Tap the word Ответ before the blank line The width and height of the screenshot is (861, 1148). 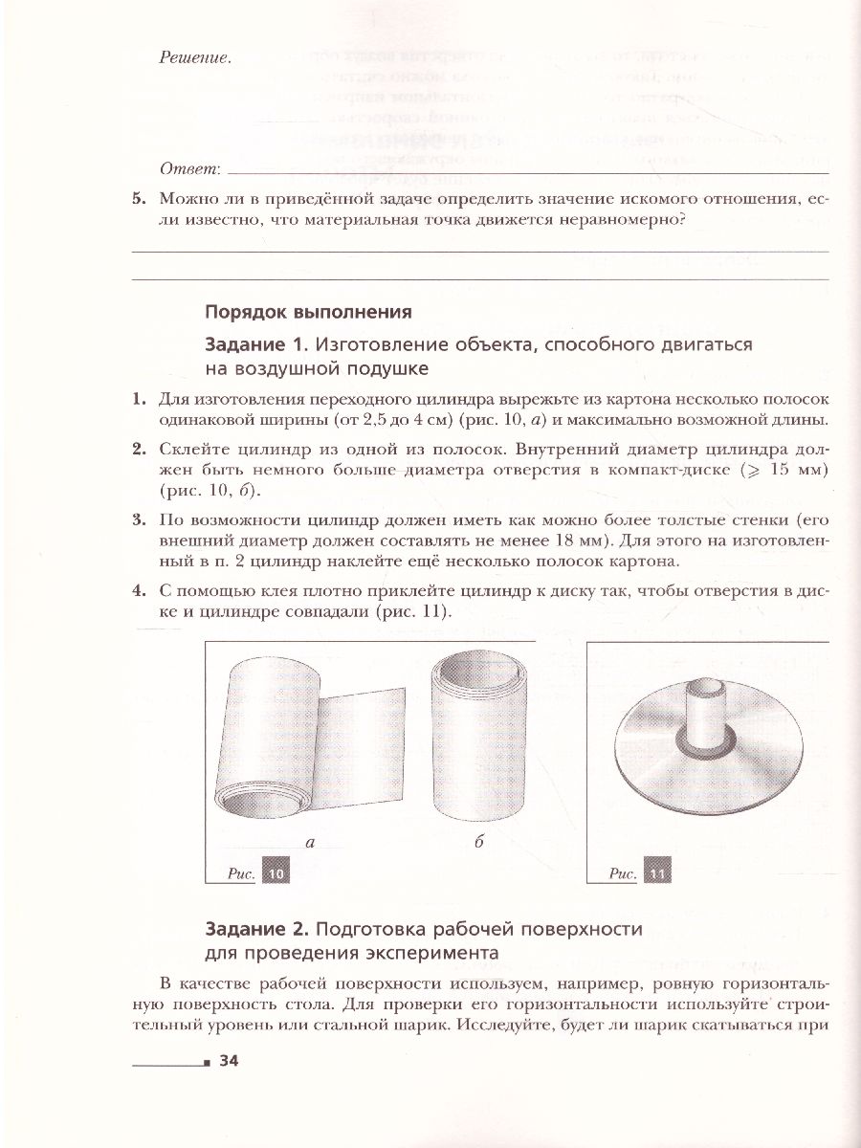(189, 169)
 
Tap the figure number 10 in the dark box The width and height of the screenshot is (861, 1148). (276, 873)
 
